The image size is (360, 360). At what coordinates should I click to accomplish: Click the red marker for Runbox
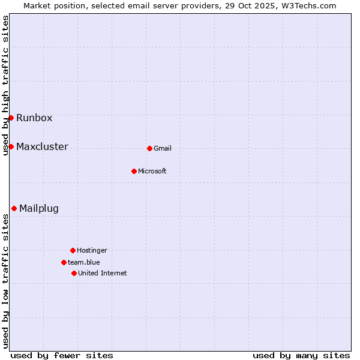[11, 118]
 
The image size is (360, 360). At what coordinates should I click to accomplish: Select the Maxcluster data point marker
[11, 146]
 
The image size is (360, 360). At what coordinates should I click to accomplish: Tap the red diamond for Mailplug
[14, 208]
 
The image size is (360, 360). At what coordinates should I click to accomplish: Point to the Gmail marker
[149, 148]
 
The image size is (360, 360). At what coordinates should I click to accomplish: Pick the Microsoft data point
[134, 171]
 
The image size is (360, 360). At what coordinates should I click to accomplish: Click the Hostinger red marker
[73, 250]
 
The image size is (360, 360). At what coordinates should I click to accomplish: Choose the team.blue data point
[64, 262]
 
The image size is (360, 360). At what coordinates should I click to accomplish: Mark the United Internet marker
[74, 273]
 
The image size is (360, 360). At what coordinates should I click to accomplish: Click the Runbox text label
[34, 118]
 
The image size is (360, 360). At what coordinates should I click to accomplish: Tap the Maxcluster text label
[42, 146]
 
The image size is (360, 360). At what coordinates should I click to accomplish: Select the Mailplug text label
[39, 209]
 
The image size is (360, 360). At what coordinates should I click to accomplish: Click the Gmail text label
[163, 148]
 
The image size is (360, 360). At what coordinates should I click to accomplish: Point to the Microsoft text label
[152, 171]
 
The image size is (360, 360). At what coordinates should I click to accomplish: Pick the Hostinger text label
[92, 250]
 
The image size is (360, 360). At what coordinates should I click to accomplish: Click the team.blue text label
[84, 262]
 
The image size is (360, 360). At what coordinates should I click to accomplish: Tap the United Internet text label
[103, 273]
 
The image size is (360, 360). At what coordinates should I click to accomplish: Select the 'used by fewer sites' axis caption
[62, 355]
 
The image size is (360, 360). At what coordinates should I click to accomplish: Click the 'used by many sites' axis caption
[301, 355]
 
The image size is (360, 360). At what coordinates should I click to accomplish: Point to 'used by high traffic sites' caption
[5, 85]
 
